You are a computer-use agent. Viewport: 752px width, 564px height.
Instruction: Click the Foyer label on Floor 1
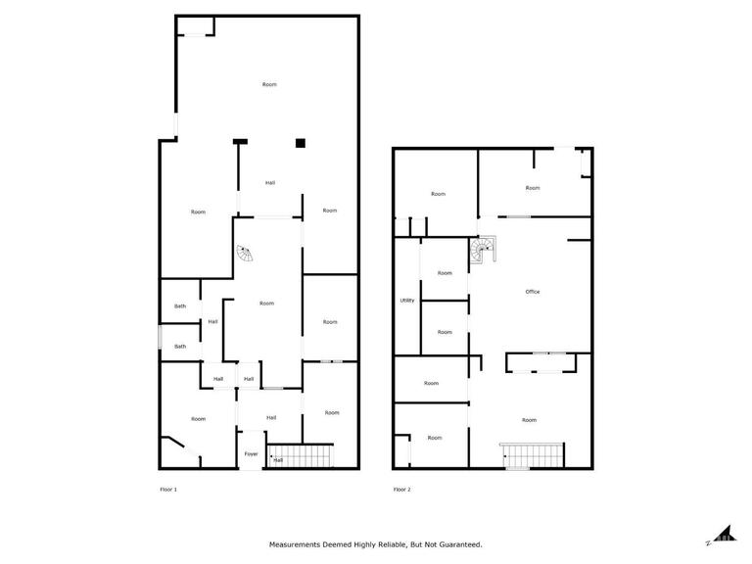251,453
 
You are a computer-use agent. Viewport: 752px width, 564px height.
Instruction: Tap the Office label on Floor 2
533,292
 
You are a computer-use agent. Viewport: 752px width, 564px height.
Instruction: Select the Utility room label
407,301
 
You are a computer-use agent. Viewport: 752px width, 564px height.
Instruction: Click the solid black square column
301,143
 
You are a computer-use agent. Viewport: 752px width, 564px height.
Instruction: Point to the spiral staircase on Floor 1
245,253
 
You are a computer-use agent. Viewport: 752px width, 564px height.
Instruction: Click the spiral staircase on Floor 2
483,250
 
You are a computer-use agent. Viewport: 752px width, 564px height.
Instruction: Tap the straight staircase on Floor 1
301,455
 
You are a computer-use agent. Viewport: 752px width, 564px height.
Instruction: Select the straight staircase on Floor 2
533,455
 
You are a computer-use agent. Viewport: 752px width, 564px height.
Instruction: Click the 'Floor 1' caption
168,490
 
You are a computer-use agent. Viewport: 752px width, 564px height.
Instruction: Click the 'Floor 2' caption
401,490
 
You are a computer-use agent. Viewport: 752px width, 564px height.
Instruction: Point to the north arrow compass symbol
724,534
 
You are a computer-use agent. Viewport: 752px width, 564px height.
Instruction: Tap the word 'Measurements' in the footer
295,544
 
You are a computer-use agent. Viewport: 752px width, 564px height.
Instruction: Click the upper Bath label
180,305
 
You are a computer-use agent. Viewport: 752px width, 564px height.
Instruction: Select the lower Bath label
180,347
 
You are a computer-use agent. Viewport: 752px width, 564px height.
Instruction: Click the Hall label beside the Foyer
278,460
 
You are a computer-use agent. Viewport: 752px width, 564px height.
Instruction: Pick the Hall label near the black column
270,183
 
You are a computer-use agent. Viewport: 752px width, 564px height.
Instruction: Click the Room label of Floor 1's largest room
269,84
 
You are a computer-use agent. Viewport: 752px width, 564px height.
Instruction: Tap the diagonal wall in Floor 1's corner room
172,443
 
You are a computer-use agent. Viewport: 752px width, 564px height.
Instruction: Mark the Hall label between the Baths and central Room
212,322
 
